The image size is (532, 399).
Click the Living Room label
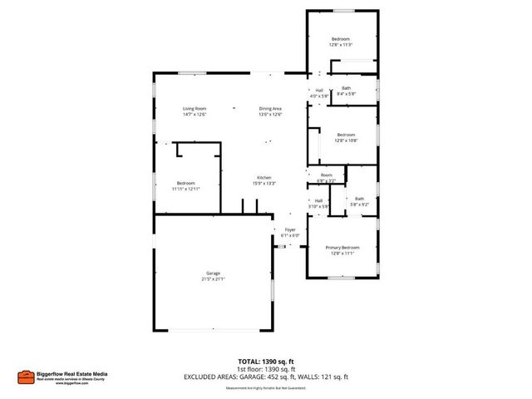point(195,108)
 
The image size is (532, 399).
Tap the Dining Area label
point(270,108)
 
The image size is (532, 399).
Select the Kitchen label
point(264,178)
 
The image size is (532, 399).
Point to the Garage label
point(214,273)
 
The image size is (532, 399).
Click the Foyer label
point(290,229)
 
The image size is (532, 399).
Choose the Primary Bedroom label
point(342,248)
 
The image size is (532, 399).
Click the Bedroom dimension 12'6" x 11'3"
point(341,45)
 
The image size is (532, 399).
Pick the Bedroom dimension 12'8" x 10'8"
point(346,140)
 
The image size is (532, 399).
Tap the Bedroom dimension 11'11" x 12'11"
point(185,189)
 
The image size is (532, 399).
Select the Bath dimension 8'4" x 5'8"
point(346,94)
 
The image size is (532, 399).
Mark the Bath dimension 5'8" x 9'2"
point(359,204)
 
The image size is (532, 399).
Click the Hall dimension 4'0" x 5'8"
point(319,96)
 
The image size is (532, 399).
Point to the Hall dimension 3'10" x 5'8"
point(318,205)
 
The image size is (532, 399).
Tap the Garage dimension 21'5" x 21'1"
point(214,279)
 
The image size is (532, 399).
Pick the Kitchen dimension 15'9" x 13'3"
point(264,184)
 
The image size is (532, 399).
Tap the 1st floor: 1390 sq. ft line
point(265,371)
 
